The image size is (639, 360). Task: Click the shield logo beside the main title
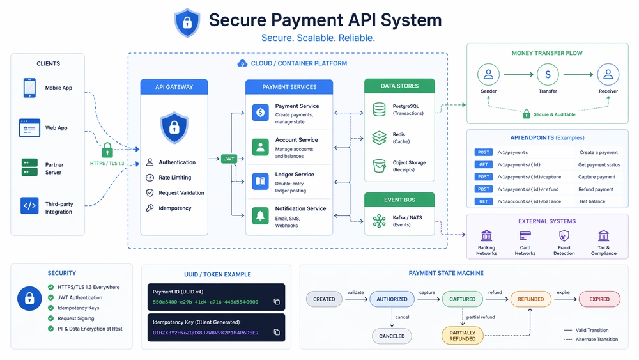187,23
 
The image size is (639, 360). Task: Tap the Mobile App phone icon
29,88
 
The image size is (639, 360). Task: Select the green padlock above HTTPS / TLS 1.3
107,150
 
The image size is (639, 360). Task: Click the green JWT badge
229,159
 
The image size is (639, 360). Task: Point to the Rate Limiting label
174,178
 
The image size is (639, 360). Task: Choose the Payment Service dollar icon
260,113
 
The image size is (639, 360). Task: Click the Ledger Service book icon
260,182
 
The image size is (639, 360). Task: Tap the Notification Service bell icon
260,216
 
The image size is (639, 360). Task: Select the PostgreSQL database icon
380,109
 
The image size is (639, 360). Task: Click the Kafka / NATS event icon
380,221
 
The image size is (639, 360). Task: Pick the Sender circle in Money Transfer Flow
488,75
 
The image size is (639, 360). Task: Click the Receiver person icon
608,75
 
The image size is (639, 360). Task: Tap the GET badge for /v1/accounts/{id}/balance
484,201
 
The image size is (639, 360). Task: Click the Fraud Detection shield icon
564,236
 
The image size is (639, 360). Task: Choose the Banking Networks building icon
486,236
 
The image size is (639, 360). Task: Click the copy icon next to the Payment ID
277,301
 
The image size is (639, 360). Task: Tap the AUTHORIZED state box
392,299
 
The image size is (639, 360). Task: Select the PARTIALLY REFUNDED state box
462,336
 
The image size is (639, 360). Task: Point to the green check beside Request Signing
51,318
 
